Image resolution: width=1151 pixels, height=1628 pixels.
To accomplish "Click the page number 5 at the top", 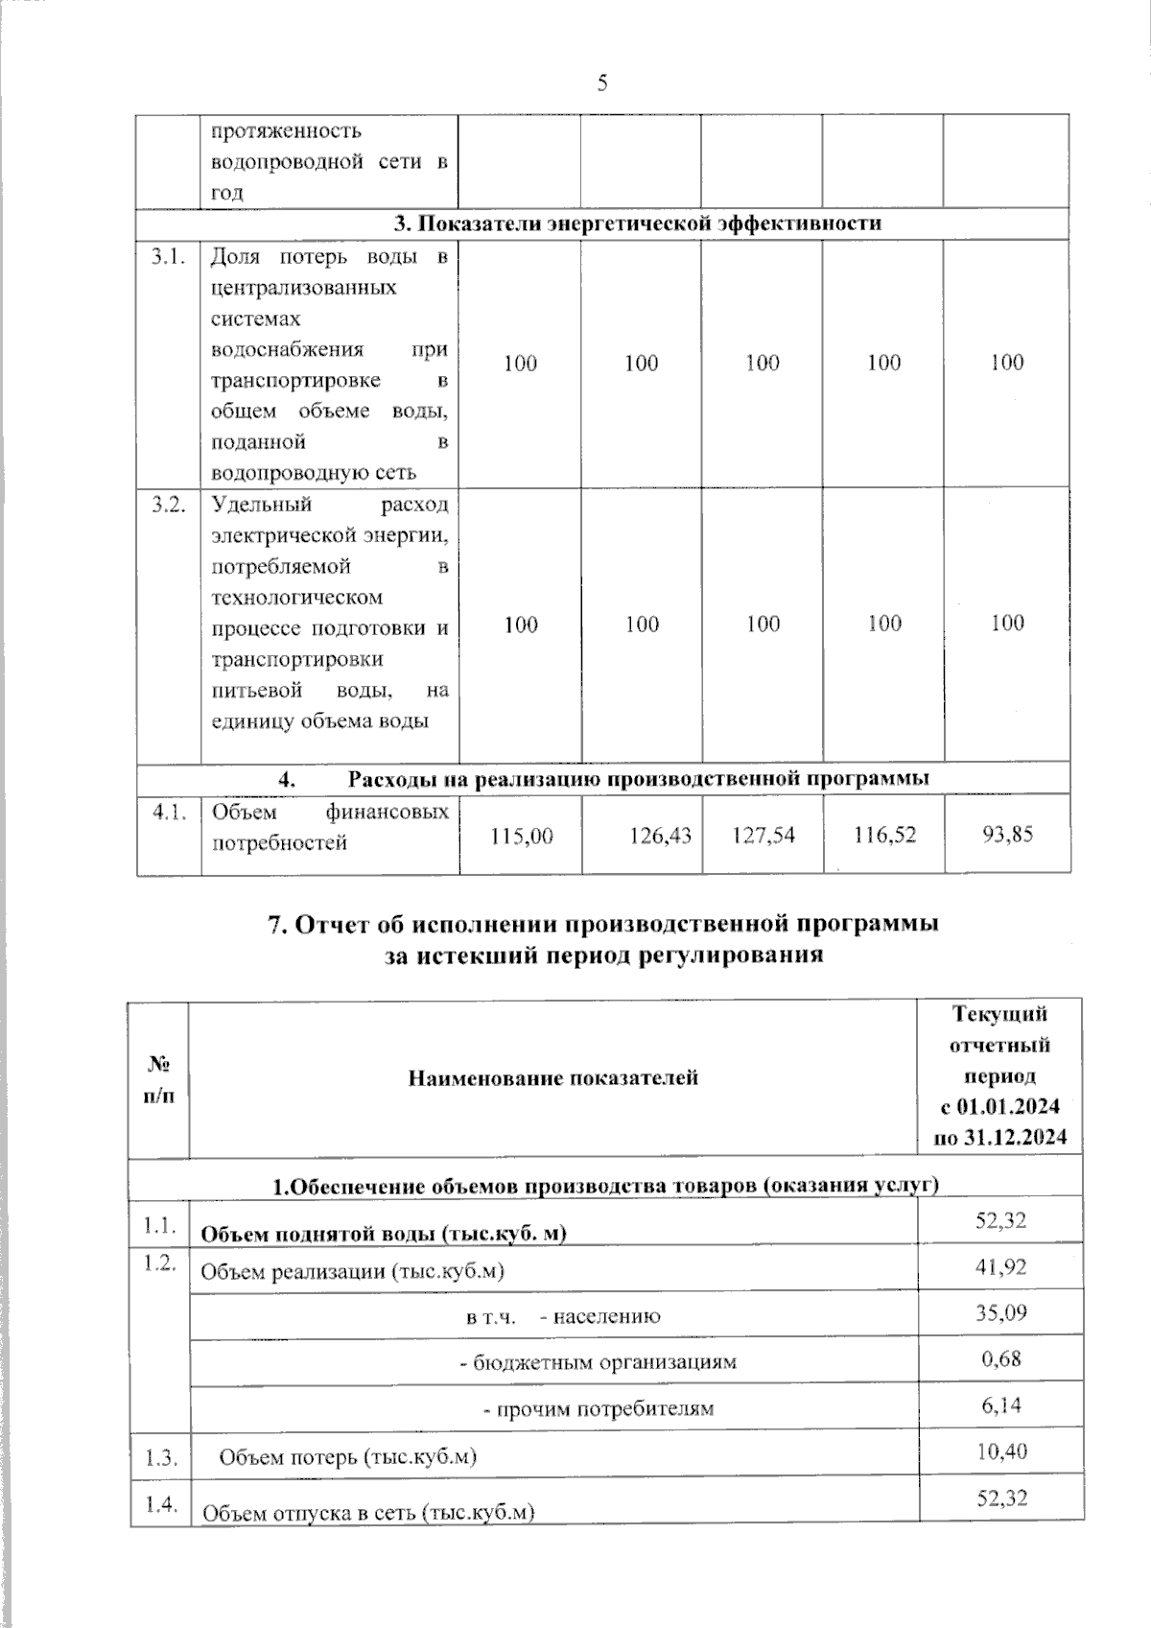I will click(x=602, y=83).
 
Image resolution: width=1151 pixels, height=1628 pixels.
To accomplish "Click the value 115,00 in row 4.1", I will click(x=521, y=836).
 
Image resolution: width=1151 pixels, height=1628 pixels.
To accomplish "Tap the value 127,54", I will click(x=763, y=836).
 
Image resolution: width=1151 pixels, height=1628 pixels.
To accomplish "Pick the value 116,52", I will click(x=884, y=836).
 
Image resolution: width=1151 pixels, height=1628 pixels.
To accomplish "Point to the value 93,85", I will click(x=1007, y=835).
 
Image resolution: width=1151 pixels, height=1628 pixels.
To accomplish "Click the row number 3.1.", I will click(x=168, y=257).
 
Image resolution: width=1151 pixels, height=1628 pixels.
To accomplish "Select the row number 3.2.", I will click(x=168, y=505).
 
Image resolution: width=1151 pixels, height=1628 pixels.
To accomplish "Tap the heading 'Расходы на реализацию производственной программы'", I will click(x=638, y=778).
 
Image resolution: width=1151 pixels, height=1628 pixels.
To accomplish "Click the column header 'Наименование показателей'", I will click(x=553, y=1078).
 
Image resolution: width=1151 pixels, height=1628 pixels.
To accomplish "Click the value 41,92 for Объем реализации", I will click(x=1000, y=1267).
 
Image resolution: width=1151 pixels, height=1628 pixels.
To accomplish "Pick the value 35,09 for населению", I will click(x=1000, y=1312).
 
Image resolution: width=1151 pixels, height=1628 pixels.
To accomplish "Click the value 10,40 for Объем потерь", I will click(x=1000, y=1451).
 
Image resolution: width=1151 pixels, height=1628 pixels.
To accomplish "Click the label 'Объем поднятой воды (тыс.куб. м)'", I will click(x=383, y=1234).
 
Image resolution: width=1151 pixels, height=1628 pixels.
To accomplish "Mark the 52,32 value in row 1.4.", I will click(x=1000, y=1498).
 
